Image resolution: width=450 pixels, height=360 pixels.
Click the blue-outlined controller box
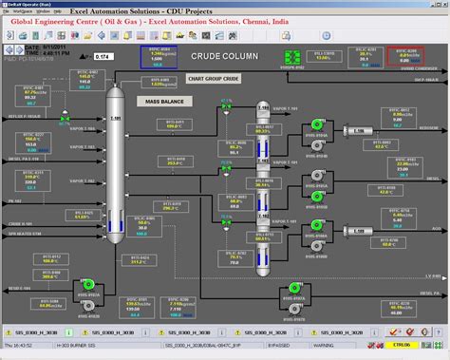point(156,55)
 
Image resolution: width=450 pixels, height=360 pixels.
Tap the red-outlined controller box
point(406,55)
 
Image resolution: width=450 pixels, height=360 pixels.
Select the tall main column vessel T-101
point(115,161)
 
